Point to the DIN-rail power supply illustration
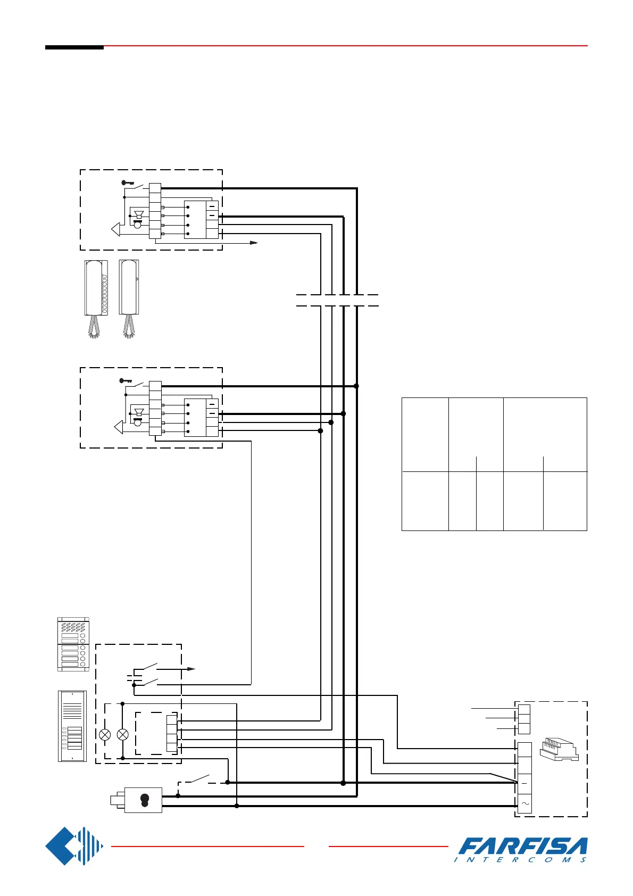(x=559, y=749)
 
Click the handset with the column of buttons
(x=96, y=298)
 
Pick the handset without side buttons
(x=129, y=298)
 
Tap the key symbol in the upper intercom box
(x=128, y=182)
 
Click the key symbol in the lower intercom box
(x=126, y=380)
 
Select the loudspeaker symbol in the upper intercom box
(x=139, y=214)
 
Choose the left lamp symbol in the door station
(x=105, y=735)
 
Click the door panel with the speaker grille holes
(x=73, y=644)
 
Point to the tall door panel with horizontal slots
(x=72, y=726)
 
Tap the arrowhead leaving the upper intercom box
(x=254, y=243)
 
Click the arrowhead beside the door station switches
(x=193, y=669)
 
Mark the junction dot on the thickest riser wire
(x=356, y=386)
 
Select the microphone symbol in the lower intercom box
(x=138, y=422)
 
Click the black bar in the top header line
(x=74, y=47)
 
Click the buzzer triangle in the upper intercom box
(x=116, y=229)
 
